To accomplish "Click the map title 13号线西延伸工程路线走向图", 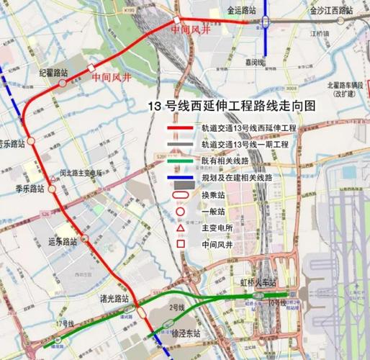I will click(231, 105).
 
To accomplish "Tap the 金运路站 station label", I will click(241, 12).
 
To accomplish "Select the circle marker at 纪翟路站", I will click(63, 82).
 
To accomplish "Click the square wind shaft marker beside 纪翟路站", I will click(91, 68).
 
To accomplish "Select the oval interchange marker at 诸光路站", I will click(140, 312).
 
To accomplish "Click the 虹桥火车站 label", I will click(256, 282).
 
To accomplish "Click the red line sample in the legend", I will click(183, 127).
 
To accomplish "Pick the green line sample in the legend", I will click(183, 161).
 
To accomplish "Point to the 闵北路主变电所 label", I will click(71, 173).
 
